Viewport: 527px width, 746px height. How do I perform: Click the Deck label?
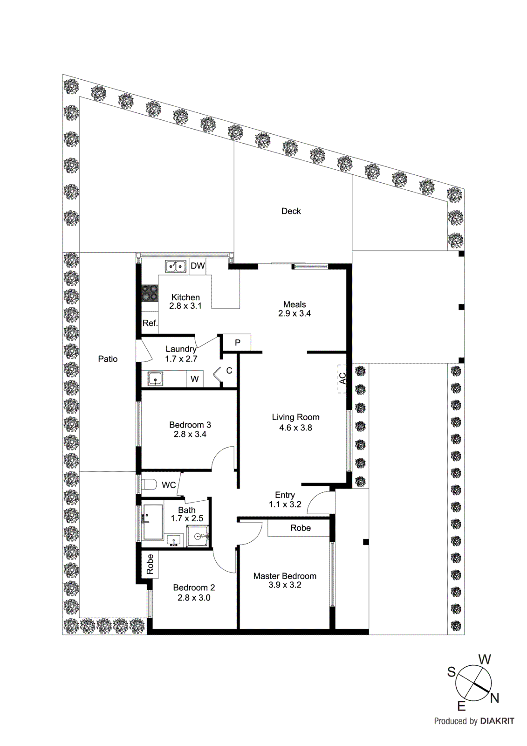[291, 211]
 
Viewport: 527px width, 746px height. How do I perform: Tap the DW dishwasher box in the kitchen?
[198, 266]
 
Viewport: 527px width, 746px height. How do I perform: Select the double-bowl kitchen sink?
[176, 266]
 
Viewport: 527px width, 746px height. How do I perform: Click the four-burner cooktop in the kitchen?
[150, 293]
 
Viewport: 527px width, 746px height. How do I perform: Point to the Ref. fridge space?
[150, 323]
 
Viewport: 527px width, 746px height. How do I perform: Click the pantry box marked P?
[237, 343]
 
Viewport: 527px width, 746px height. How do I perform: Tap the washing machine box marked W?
[195, 379]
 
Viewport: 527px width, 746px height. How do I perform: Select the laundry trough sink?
[155, 379]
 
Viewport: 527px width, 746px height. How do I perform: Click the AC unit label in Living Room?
[342, 379]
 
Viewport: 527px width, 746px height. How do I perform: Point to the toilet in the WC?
[149, 484]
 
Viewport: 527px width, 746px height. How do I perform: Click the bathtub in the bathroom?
[152, 522]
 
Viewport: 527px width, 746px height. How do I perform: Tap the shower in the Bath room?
[198, 536]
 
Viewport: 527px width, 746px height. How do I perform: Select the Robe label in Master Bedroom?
[300, 528]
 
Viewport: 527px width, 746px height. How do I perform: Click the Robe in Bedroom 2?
[150, 564]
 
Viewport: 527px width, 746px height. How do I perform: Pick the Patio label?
[108, 359]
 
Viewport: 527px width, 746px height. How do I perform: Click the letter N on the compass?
[494, 698]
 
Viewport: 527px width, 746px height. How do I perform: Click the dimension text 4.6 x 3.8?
[295, 428]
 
